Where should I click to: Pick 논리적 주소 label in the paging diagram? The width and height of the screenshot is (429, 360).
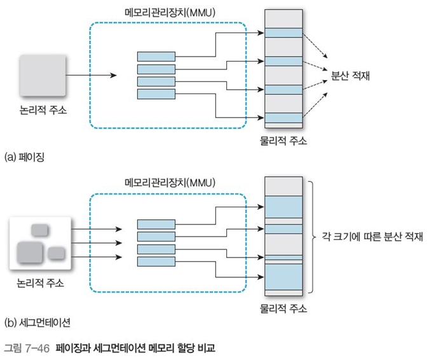pyautogui.click(x=42, y=109)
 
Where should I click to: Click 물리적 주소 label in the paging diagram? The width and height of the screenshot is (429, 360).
pyautogui.click(x=283, y=141)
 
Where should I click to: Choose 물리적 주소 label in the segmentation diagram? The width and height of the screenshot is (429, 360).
pyautogui.click(x=283, y=310)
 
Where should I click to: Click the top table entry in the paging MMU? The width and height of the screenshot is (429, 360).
pyautogui.click(x=156, y=56)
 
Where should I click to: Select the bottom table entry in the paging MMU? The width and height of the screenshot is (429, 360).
pyautogui.click(x=156, y=94)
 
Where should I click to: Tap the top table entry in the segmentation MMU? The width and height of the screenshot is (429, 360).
pyautogui.click(x=156, y=225)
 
